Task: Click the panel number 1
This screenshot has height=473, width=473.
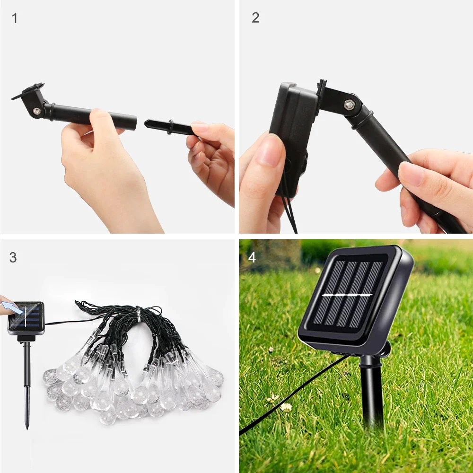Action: click(15, 18)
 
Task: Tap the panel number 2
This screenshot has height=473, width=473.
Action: click(255, 18)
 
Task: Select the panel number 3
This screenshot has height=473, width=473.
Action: click(13, 257)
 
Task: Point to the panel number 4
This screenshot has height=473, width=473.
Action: click(252, 257)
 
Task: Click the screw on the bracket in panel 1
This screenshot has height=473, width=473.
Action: click(36, 111)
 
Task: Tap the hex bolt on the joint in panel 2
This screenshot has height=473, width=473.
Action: click(350, 104)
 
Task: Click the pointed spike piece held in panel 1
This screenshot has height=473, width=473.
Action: click(166, 126)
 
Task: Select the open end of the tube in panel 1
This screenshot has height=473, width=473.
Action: click(134, 123)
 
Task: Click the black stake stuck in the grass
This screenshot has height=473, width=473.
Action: click(372, 393)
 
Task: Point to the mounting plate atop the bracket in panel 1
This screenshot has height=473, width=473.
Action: click(27, 91)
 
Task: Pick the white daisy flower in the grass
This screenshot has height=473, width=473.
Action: click(286, 406)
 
